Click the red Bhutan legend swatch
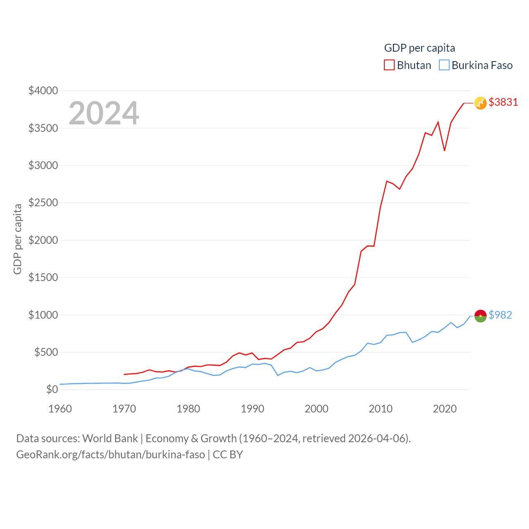tap(389, 65)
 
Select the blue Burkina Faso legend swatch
tap(444, 65)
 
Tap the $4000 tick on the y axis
tap(43, 91)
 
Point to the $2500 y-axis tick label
tap(43, 203)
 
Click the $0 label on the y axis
tap(52, 389)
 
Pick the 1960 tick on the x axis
tap(60, 409)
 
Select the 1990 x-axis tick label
tap(252, 409)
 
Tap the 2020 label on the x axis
tap(444, 409)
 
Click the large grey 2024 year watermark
tap(104, 113)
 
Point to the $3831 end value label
tap(503, 102)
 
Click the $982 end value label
tap(500, 315)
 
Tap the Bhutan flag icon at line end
tap(480, 103)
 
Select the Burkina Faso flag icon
tap(480, 316)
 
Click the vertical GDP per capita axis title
tap(17, 239)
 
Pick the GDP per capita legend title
tap(419, 48)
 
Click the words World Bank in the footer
tap(110, 438)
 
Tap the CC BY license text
tap(228, 455)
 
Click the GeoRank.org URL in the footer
tap(110, 455)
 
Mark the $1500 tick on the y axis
tap(43, 277)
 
